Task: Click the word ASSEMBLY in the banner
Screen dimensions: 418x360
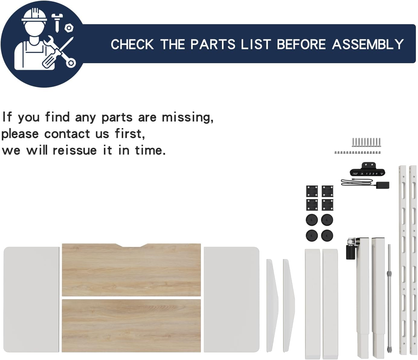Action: point(368,44)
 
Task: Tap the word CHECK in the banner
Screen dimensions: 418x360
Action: point(132,44)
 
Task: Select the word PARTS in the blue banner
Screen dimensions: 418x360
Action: point(213,44)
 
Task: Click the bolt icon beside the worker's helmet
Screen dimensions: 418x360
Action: point(57,23)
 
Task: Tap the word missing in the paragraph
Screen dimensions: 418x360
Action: point(187,117)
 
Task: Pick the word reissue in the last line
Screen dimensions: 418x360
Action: point(75,151)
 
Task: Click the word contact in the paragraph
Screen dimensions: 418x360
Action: point(67,134)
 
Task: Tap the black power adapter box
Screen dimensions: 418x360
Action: point(382,185)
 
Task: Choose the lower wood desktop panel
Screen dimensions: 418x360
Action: point(131,326)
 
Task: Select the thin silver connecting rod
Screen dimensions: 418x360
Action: point(389,298)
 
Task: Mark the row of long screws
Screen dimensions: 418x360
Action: point(366,142)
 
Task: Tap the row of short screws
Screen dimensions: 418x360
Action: point(358,152)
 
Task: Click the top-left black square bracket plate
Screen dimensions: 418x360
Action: point(312,191)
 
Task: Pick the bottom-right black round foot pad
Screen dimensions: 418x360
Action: point(327,235)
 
